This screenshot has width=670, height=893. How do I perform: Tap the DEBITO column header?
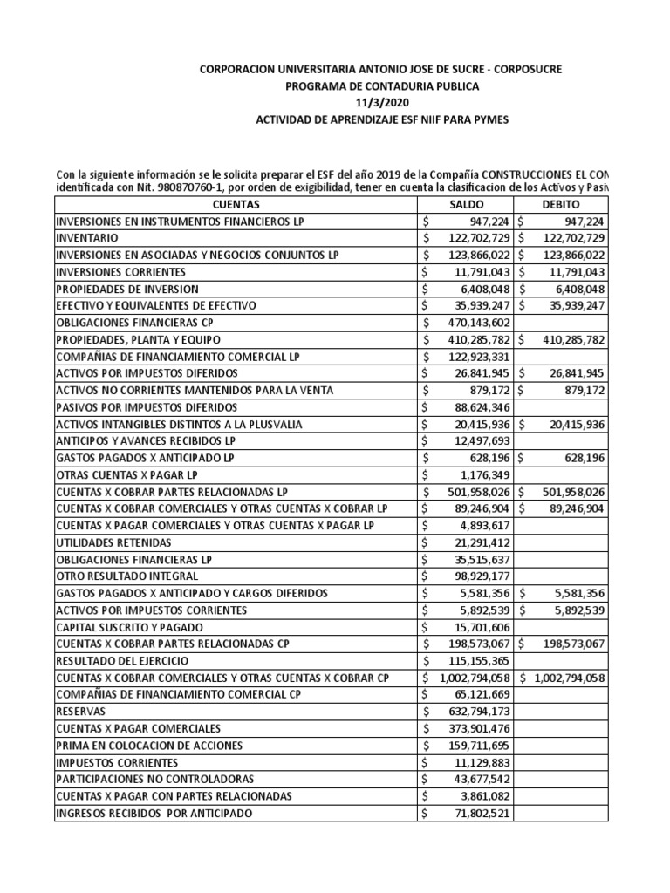[562, 203]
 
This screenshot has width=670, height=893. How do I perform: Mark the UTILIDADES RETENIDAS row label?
[109, 542]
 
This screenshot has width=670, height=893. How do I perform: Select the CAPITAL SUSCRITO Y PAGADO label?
[130, 627]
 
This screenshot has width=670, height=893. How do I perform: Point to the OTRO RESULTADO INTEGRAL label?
[126, 576]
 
